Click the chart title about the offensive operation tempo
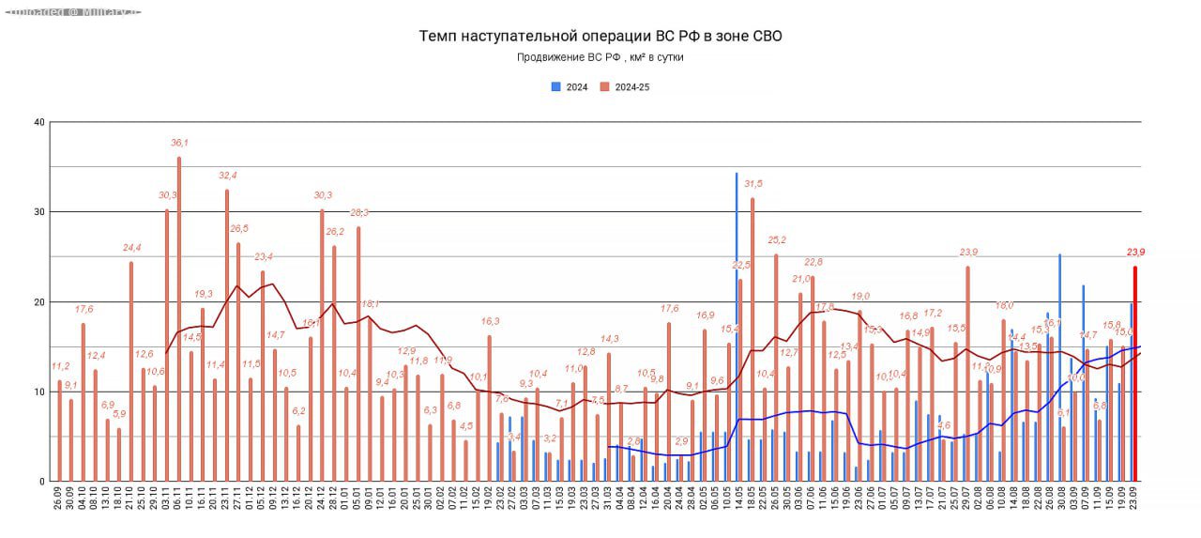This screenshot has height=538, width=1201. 600,37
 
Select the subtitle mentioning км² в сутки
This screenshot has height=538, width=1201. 600,57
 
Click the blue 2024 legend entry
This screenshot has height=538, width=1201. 570,87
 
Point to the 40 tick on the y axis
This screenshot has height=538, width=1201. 38,122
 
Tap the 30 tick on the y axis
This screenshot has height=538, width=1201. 38,212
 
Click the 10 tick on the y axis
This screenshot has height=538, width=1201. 38,392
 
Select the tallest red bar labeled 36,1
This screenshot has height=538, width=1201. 179,319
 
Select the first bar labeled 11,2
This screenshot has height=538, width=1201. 60,431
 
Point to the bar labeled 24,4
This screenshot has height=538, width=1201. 131,372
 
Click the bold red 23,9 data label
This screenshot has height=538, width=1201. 1136,253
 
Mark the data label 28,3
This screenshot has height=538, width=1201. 358,212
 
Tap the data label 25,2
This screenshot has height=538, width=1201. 776,240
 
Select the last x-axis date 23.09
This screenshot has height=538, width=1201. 1135,500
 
